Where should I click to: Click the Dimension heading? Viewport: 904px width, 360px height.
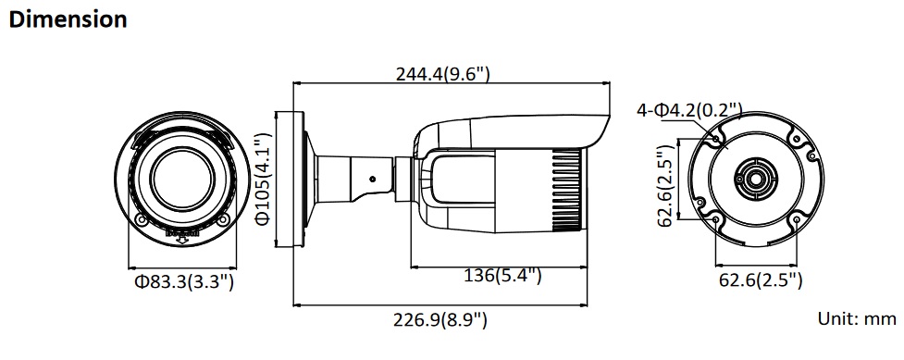tap(68, 19)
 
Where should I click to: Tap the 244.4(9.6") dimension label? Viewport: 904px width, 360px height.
tap(442, 74)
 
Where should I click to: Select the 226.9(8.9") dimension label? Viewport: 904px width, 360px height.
tap(440, 319)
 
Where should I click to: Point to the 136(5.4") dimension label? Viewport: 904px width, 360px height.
tap(502, 276)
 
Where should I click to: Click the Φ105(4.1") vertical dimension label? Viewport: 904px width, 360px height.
tap(263, 179)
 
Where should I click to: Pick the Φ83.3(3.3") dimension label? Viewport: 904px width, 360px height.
tap(184, 282)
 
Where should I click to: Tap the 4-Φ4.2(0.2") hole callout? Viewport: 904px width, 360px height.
tap(689, 110)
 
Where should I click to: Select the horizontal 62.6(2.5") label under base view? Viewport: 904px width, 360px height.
tap(760, 280)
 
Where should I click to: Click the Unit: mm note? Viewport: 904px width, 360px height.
tap(857, 318)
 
